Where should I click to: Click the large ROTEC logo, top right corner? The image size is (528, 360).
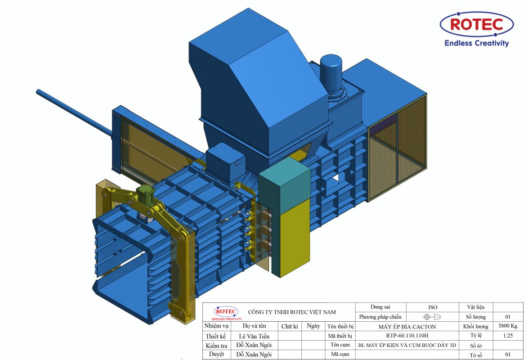click(476, 24)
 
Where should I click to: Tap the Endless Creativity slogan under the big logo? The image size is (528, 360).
click(476, 43)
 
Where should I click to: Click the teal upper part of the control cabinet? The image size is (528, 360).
click(285, 187)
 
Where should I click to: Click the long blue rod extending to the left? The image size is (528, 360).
click(74, 113)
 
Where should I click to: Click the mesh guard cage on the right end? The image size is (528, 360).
click(397, 148)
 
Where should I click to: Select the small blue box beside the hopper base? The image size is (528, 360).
click(225, 162)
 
